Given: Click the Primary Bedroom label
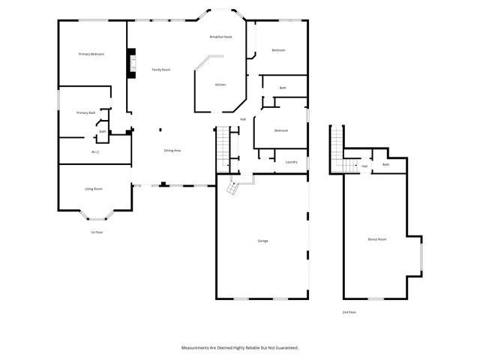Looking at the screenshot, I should coord(91,54).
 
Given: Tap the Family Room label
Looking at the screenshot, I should coord(161,70).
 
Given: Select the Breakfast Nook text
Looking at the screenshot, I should coord(220,37).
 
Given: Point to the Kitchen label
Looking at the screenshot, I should coord(220,85).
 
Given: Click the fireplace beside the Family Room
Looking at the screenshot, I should coord(132,63).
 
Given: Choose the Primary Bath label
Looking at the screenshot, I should coord(85,112).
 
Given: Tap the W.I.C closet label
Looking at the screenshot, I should coord(95,152).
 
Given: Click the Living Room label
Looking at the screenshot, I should coord(93,189).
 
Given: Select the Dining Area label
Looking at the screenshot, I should coord(172,151).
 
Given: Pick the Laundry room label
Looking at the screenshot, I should coord(292,161).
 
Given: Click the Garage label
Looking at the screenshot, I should coord(262,241).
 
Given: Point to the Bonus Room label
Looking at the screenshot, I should coord(376,239).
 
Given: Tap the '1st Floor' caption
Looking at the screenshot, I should coord(97,232).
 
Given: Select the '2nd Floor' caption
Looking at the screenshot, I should coord(349,312).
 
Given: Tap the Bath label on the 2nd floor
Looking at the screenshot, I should coord(385,165).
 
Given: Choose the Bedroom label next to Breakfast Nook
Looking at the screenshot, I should coord(278,50).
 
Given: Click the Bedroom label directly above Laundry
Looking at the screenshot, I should coord(281,131).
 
